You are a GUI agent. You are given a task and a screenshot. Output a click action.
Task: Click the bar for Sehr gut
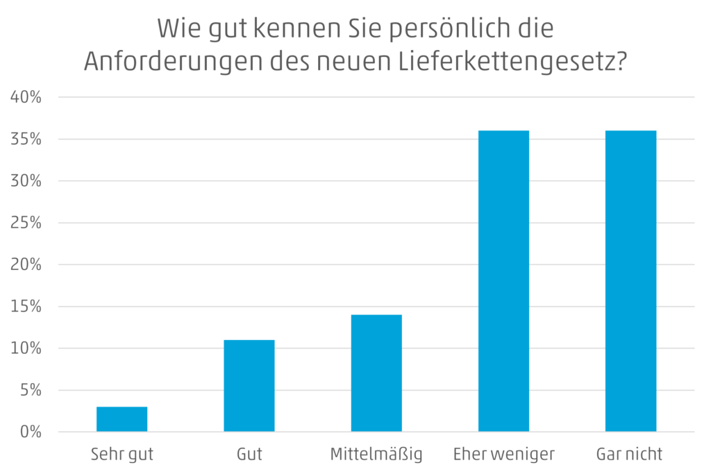pos(122,419)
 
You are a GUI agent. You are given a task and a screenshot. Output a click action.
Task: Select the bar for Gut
pos(249,386)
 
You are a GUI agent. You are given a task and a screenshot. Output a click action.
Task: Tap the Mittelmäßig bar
pos(376,373)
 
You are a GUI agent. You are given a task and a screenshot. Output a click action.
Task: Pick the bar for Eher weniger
pos(503,281)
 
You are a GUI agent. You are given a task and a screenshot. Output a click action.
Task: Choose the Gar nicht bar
pos(630,281)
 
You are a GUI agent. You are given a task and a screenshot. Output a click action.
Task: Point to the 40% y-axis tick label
pos(27,98)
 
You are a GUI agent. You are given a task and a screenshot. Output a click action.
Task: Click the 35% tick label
pos(27,139)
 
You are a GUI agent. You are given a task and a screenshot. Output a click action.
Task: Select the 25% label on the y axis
pos(27,223)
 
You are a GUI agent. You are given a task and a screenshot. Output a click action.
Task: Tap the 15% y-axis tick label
pos(27,307)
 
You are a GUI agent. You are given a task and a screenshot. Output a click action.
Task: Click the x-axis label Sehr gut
pos(122,455)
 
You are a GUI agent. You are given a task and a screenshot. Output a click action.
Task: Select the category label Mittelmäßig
pos(376,455)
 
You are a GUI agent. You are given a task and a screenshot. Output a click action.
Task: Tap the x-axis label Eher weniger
pos(503,455)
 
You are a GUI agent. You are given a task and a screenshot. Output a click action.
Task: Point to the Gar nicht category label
pos(630,455)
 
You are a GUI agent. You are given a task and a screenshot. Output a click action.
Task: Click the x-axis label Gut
pos(249,455)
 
